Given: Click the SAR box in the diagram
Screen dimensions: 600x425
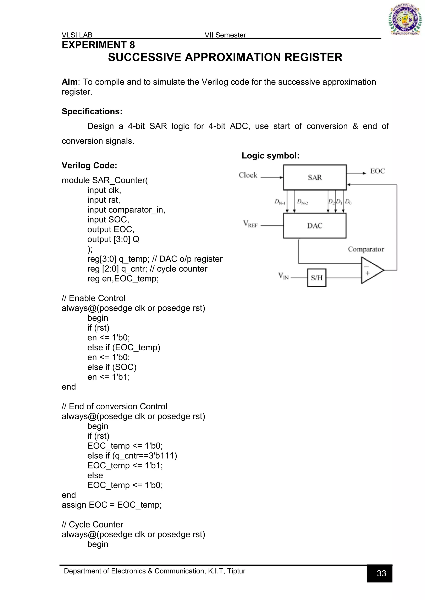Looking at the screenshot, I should tap(315, 177).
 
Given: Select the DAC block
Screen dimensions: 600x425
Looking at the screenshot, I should tap(315, 226).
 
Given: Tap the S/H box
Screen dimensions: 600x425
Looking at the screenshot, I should tap(317, 278).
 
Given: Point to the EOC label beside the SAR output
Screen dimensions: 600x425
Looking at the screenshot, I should tap(377, 171).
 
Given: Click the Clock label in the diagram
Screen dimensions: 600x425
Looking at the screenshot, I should tap(248, 175).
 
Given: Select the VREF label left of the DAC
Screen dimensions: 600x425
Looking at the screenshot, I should tap(250, 224).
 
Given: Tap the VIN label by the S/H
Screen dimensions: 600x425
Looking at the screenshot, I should tap(283, 276).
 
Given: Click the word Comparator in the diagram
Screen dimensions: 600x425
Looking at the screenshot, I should tap(366, 249).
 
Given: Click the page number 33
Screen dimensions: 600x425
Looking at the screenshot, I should tap(381, 573).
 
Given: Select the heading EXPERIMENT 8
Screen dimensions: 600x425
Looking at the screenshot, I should tap(98, 45).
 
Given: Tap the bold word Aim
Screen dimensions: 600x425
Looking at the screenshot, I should tap(69, 82).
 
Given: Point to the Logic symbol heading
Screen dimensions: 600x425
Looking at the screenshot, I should tap(270, 156).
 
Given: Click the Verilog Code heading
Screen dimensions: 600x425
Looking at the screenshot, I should tap(89, 165).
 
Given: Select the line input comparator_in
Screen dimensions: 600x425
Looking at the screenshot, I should tap(126, 210).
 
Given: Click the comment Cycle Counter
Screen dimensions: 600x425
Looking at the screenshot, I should tap(92, 524).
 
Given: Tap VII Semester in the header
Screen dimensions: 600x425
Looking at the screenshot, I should tap(225, 35).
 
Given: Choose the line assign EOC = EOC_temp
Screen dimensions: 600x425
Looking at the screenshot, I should tap(112, 505).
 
